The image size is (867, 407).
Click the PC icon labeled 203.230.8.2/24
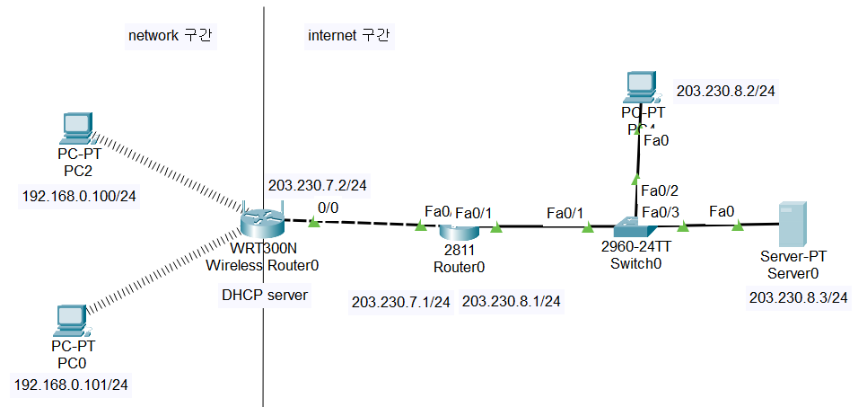pos(643,88)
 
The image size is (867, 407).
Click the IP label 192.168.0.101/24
pos(72,385)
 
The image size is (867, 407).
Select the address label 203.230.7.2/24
pos(320,186)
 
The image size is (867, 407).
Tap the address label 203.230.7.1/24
pos(401,302)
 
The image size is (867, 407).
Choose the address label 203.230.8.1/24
pos(511,302)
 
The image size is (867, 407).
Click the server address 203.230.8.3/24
pos(799,297)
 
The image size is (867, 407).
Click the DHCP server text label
pos(265,295)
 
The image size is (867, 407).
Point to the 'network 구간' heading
pos(174,36)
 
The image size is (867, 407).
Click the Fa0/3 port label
pos(660,212)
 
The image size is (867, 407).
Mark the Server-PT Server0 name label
pos(790,264)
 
